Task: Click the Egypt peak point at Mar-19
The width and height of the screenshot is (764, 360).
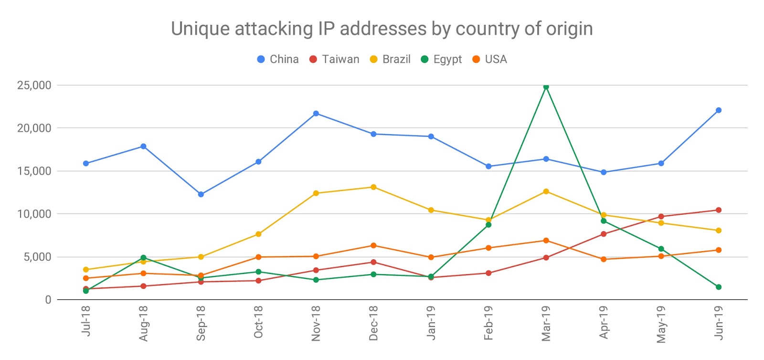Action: [546, 87]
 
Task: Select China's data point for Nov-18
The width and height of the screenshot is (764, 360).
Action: [316, 114]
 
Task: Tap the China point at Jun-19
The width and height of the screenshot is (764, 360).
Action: [718, 110]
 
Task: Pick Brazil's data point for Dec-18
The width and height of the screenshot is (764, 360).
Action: [373, 187]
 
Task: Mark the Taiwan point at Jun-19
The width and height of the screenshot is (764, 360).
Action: [718, 210]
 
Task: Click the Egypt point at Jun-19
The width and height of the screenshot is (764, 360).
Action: [718, 287]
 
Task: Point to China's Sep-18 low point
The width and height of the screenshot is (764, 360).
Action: [201, 194]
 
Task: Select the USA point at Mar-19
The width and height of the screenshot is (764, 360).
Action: [546, 241]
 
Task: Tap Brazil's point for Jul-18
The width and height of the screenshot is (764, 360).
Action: [86, 270]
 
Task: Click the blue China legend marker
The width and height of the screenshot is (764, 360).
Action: [261, 59]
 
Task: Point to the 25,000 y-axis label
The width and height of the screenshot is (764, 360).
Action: [34, 85]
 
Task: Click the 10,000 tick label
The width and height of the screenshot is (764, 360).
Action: [34, 214]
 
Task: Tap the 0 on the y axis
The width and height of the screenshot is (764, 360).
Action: [48, 300]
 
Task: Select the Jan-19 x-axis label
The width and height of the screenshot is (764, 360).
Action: [431, 323]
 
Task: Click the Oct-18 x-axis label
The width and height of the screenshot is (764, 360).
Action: [258, 323]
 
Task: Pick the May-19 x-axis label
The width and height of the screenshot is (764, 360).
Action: [661, 324]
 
